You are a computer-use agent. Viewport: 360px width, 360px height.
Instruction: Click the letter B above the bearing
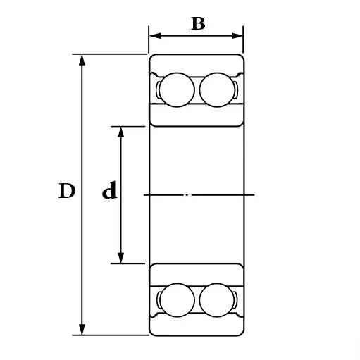coord(198,23)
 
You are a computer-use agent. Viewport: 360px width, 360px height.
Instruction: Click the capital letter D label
coord(67,191)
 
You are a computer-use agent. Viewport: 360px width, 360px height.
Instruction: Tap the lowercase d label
coord(109,190)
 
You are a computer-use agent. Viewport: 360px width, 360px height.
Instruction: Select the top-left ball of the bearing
coord(177,89)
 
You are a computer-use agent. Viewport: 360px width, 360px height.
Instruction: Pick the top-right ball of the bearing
coord(217,89)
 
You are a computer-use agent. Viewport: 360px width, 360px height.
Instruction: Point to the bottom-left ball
coord(177,300)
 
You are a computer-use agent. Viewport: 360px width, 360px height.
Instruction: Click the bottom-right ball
coord(217,300)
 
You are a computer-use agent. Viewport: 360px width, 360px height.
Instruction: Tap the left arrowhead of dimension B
coord(155,36)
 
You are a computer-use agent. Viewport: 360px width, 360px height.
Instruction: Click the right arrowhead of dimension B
coord(237,36)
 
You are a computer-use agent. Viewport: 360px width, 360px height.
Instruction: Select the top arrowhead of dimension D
coord(82,60)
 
